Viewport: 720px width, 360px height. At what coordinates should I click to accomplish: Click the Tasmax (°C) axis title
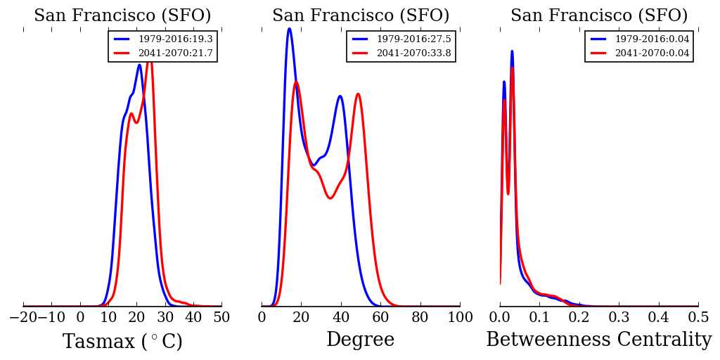point(122,342)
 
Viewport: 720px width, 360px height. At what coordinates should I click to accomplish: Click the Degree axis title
point(360,340)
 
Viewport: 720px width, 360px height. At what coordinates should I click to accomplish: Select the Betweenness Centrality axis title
point(598,340)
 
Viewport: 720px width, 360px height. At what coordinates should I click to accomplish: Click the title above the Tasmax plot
point(122,15)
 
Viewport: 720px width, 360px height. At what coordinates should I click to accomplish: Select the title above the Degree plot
point(361,15)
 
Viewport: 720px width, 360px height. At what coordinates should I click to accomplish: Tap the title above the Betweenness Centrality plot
point(599,15)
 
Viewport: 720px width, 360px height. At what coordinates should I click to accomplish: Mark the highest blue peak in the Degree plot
point(289,29)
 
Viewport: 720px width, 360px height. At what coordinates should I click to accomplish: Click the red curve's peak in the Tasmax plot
point(149,60)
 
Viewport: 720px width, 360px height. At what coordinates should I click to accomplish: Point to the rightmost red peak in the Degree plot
point(358,94)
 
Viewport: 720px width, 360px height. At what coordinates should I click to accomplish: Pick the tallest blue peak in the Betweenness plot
point(512,51)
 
